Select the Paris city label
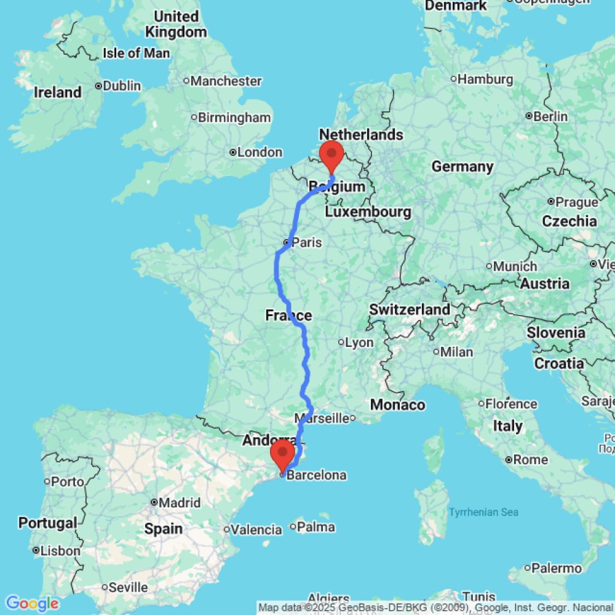306,242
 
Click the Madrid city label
179,502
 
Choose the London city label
264,152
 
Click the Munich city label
515,266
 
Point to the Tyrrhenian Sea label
483,512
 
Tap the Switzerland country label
410,310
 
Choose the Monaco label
397,405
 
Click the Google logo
31,603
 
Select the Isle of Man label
136,54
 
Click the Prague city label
576,202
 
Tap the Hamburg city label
486,79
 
